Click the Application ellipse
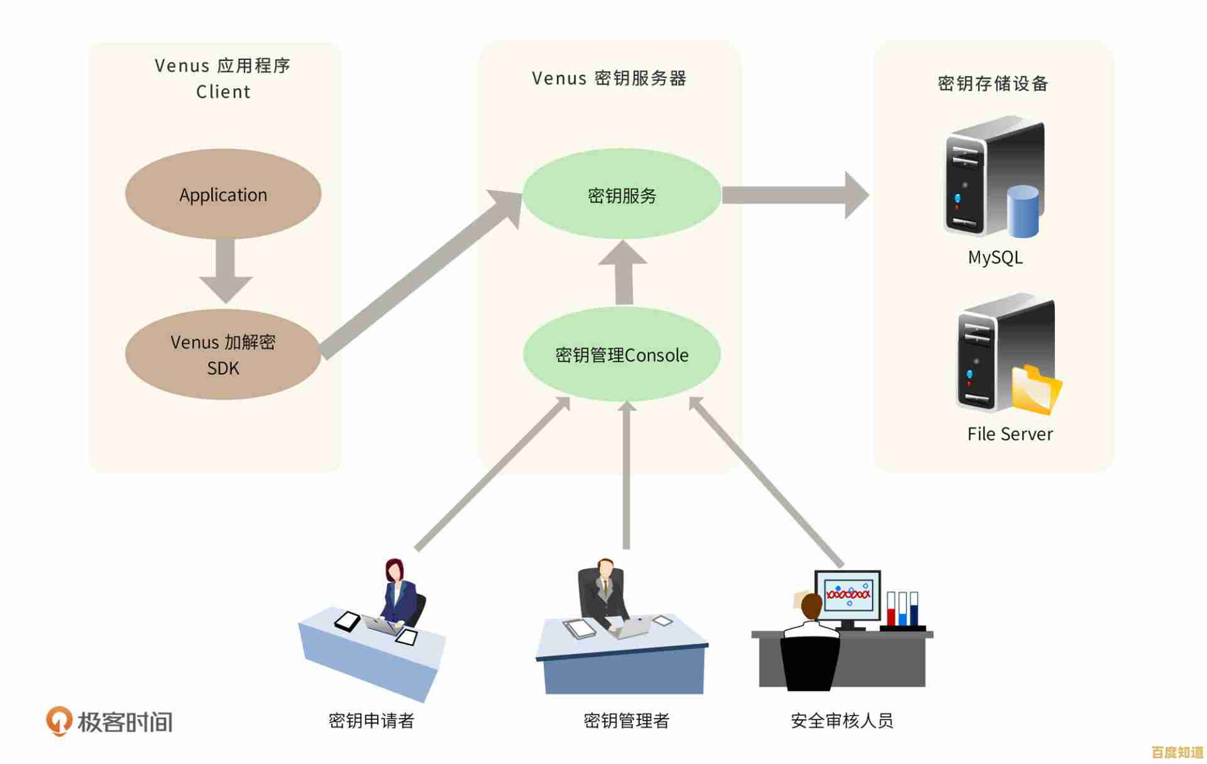point(223,194)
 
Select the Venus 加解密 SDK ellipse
point(223,354)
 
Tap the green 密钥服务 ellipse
point(622,195)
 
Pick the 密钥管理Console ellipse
point(622,355)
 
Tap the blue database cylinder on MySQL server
point(1022,211)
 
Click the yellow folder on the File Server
point(1036,390)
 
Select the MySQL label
point(995,257)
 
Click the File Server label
point(1010,434)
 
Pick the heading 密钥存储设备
point(993,84)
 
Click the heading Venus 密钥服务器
point(609,79)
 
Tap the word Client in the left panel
point(223,92)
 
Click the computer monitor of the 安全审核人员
point(848,594)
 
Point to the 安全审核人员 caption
point(842,721)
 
